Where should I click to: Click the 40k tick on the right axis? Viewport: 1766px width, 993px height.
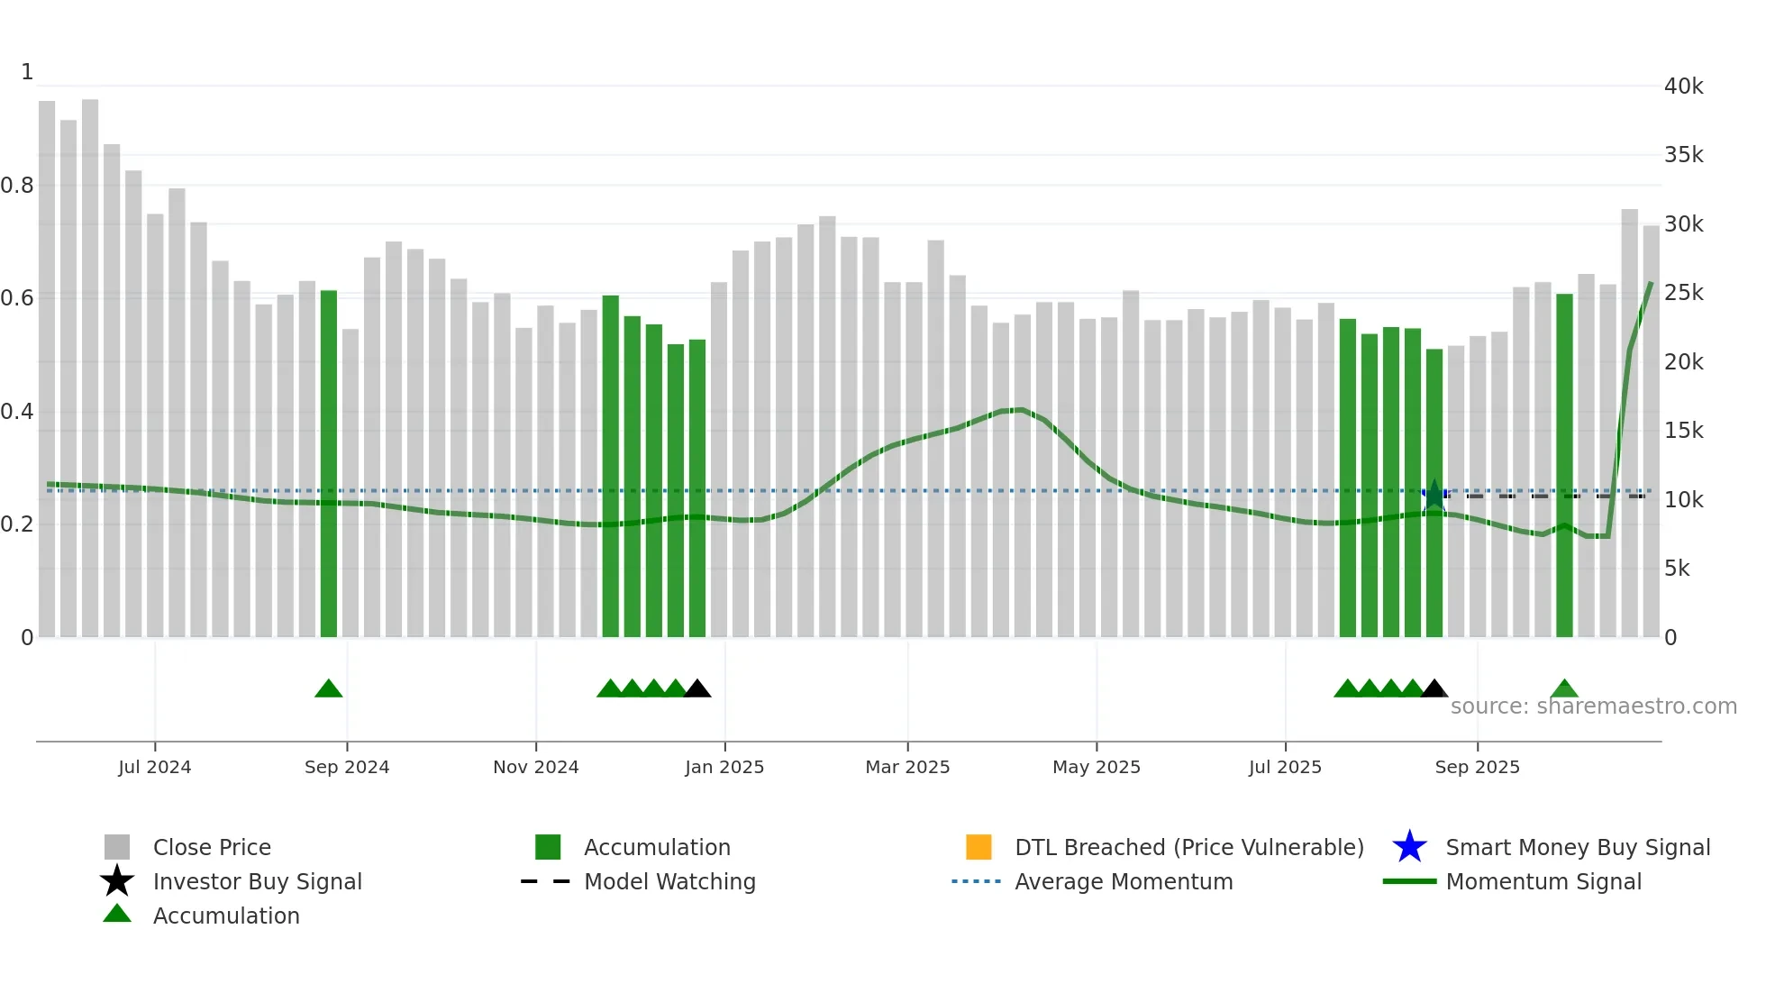point(1683,87)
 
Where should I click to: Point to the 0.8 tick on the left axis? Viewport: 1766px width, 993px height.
point(17,186)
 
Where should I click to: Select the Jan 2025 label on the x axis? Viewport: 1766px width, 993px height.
point(724,767)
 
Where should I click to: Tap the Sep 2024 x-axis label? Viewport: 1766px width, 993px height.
point(347,767)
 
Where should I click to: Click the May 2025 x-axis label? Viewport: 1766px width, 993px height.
point(1097,767)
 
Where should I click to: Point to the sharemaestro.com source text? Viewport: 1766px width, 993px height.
point(1593,706)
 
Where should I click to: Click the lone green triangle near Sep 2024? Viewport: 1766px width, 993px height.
point(329,689)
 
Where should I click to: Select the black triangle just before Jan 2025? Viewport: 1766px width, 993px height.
point(697,689)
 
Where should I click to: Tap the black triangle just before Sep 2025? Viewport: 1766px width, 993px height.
point(1434,689)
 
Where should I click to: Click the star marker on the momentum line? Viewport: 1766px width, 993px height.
point(1434,496)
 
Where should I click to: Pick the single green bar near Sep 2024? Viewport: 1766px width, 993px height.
point(329,464)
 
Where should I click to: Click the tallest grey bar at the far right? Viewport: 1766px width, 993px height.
point(1630,424)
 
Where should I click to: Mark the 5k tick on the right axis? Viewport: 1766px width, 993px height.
point(1677,569)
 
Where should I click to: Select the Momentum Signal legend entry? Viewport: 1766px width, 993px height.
point(1543,881)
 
